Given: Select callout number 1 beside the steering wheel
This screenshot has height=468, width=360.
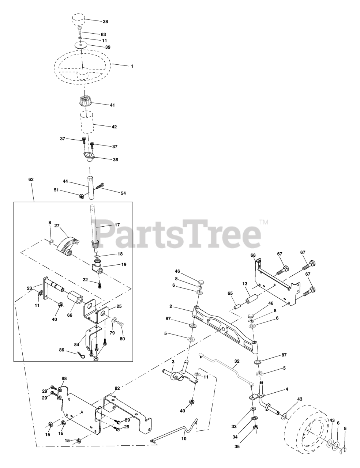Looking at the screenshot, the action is click(132, 66).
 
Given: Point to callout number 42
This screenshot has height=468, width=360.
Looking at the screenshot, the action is click(114, 127).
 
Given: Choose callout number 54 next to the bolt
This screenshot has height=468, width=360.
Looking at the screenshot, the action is click(123, 193).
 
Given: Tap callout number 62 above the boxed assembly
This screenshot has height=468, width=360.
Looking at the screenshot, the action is click(31, 180).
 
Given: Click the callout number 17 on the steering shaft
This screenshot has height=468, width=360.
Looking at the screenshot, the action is click(117, 225).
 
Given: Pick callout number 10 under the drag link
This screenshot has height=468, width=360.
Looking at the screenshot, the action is click(184, 438).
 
